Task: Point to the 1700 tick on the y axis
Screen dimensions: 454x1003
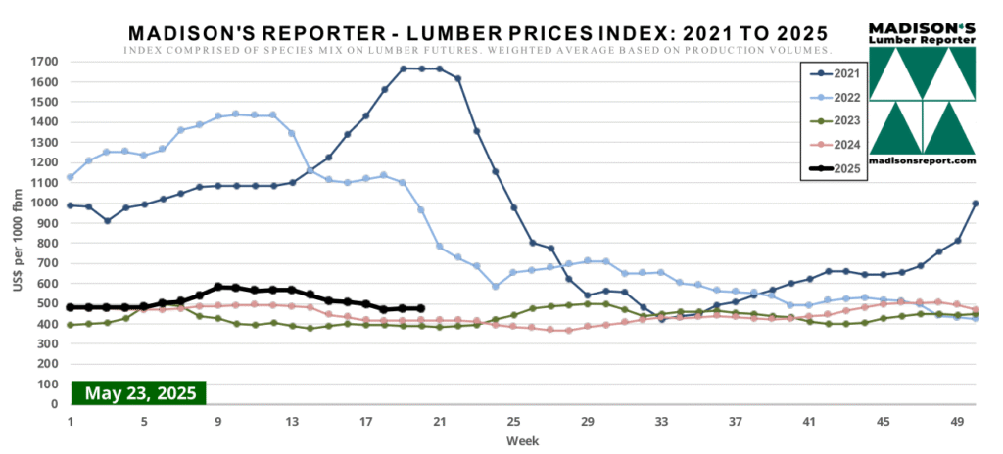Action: pyautogui.click(x=45, y=62)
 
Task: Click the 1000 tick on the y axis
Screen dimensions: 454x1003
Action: pyautogui.click(x=45, y=203)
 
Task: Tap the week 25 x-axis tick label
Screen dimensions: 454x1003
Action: pyautogui.click(x=513, y=421)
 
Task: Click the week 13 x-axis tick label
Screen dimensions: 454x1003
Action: pyautogui.click(x=292, y=421)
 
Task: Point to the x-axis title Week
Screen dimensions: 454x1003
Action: pyautogui.click(x=520, y=441)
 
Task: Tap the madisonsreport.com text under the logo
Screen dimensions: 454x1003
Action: pyautogui.click(x=923, y=160)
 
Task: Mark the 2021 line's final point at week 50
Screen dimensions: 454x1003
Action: pyautogui.click(x=976, y=204)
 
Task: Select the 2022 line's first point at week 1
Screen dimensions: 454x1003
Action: pyautogui.click(x=71, y=177)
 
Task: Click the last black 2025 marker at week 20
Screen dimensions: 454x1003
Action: pyautogui.click(x=420, y=308)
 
